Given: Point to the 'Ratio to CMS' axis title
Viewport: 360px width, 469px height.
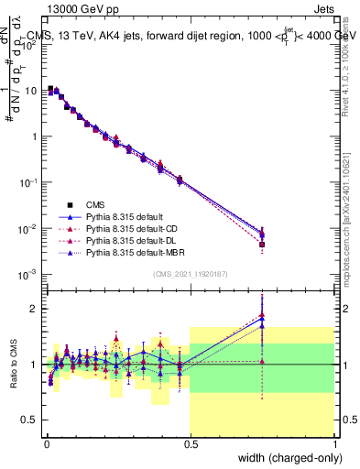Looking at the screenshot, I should point(13,364).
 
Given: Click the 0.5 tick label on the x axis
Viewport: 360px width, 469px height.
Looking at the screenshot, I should point(190,442).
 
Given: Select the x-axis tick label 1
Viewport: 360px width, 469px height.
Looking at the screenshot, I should point(335,442).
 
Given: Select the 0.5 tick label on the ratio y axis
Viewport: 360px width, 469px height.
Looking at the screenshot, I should point(28,420).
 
